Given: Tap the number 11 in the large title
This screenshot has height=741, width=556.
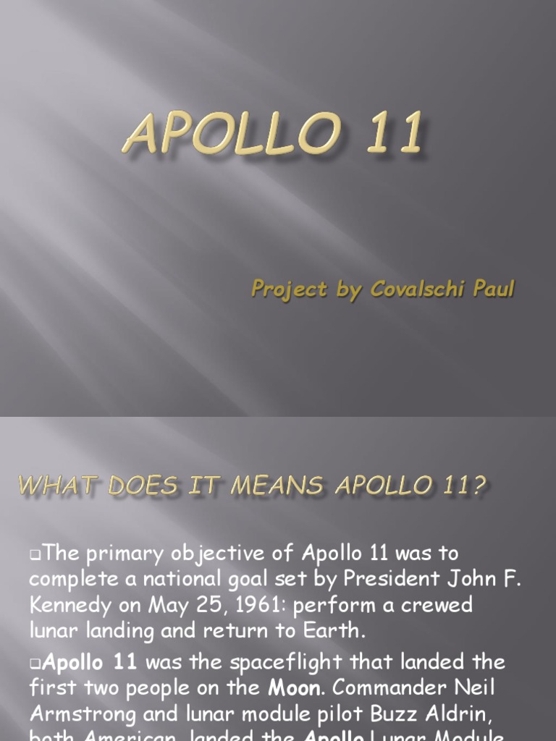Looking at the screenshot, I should [392, 135].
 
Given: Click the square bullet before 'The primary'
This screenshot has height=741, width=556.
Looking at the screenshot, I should [35, 555].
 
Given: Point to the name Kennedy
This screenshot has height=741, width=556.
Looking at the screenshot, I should [69, 604].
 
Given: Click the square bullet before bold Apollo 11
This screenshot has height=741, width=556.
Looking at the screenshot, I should [35, 664].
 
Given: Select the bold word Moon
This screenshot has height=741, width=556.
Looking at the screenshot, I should [295, 687].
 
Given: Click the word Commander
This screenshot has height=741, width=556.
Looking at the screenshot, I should [394, 687].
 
